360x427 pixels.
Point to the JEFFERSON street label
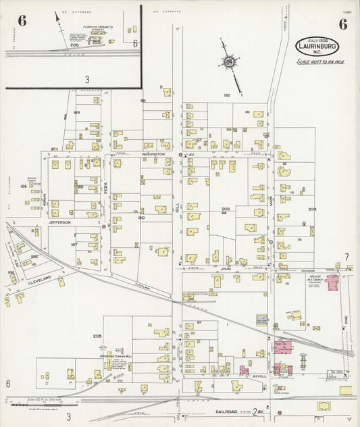59,222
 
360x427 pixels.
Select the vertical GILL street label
178,211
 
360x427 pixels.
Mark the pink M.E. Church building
333,283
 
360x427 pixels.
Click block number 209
226,209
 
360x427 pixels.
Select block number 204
312,209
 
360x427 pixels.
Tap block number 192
227,96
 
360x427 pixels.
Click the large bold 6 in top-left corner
22,20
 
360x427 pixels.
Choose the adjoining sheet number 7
346,257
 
